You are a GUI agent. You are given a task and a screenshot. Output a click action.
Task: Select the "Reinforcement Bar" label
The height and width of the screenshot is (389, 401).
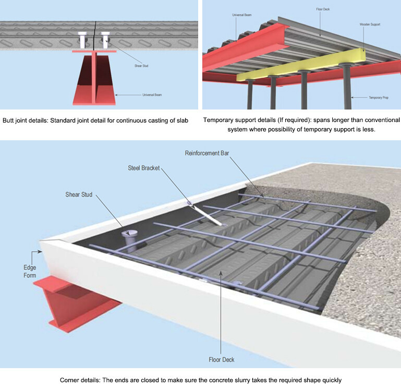(x=208, y=153)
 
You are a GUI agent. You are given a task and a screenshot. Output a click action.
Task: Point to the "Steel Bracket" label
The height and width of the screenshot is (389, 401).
(x=144, y=168)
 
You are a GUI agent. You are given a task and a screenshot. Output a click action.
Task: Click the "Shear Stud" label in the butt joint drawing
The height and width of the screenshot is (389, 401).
(x=141, y=66)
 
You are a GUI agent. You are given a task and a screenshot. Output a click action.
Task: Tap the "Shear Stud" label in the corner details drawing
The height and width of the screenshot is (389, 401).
(x=79, y=194)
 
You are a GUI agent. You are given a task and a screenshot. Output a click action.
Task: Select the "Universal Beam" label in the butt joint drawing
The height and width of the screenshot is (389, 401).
(x=152, y=95)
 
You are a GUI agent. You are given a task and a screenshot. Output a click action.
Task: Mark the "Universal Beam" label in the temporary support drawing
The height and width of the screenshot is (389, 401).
(x=241, y=15)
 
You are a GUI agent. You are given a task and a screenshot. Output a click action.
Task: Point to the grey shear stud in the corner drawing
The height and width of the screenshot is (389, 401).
(x=129, y=241)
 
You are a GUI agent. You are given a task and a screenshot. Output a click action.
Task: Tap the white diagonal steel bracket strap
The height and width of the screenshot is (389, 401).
(x=209, y=214)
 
